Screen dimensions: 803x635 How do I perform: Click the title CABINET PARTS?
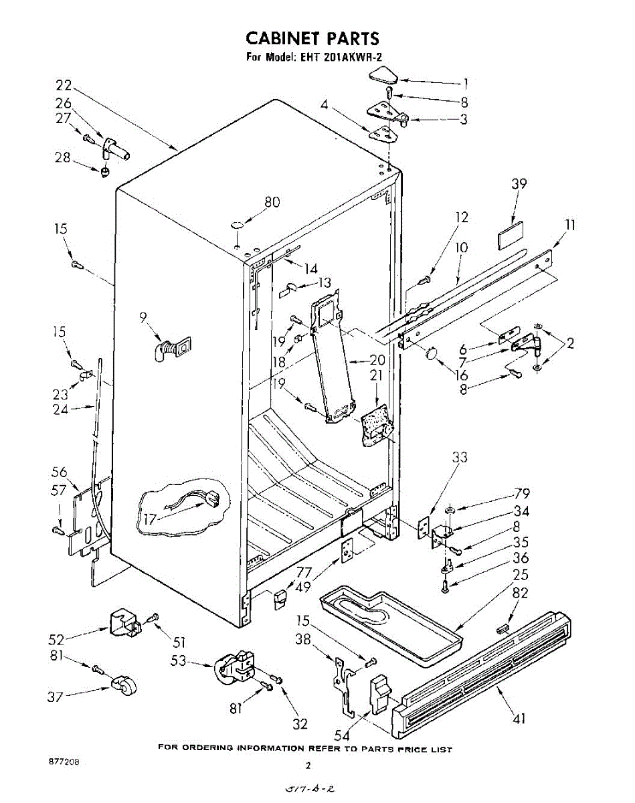[x=312, y=37]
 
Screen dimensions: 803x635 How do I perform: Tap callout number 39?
[x=519, y=185]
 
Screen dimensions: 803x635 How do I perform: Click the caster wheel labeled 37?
[x=122, y=687]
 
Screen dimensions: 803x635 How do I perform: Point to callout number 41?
[x=519, y=719]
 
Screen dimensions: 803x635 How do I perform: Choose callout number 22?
[x=64, y=86]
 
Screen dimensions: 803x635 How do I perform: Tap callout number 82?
[x=520, y=594]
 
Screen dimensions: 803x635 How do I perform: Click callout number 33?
[x=460, y=458]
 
